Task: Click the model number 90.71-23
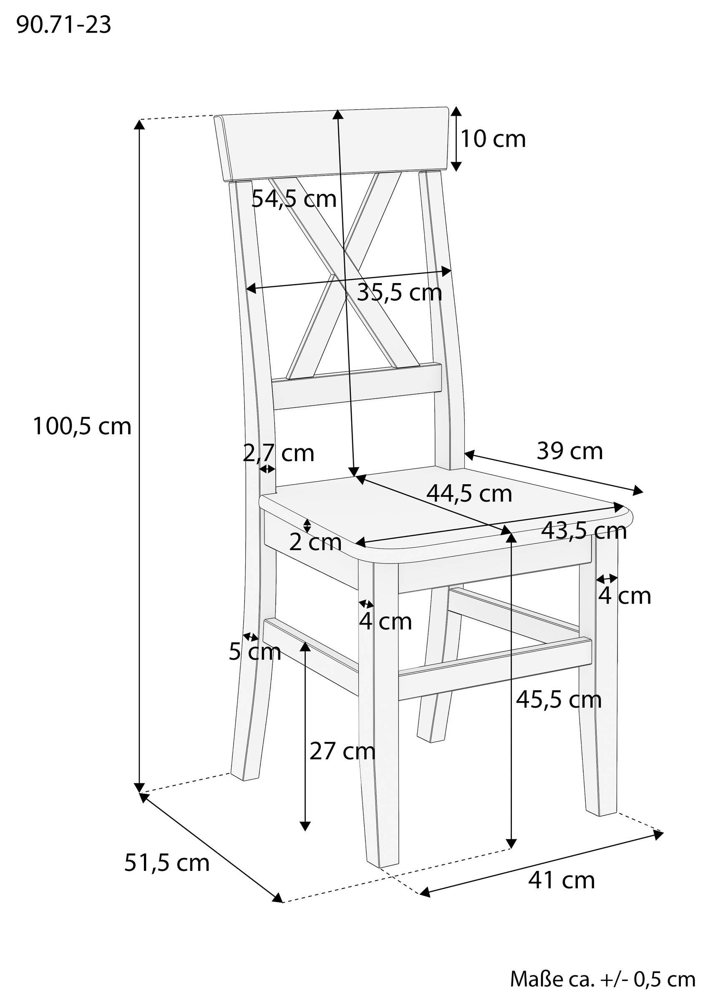[x=64, y=25]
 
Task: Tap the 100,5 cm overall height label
[x=82, y=426]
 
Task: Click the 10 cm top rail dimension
[x=493, y=139]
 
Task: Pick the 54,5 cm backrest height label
[x=294, y=199]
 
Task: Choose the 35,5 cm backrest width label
[x=400, y=292]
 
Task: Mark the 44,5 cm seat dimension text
[x=469, y=493]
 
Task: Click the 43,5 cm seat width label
[x=584, y=531]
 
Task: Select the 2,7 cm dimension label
[x=278, y=453]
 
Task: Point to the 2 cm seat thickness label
[x=315, y=542]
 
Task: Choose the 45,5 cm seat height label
[x=559, y=700]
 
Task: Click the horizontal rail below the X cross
[x=357, y=386]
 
